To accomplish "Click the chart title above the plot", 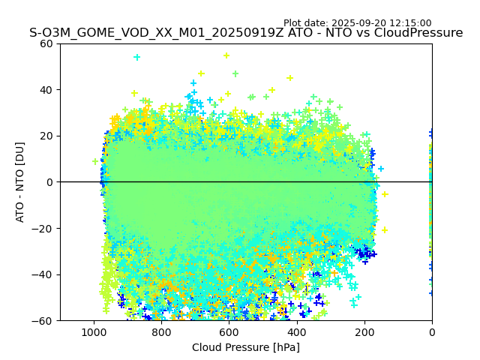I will pos(246,33).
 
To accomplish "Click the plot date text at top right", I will pos(357,23).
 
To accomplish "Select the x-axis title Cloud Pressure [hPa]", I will pos(246,347).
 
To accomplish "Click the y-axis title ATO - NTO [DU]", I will pos(20,181).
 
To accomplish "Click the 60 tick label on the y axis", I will pos(46,43).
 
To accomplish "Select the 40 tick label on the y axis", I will pos(46,90).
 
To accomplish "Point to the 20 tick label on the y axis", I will pos(46,136).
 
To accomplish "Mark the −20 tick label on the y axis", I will pos(43,228).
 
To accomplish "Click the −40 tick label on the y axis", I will pos(43,274).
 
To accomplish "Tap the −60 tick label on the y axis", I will pos(43,320).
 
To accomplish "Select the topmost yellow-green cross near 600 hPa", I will pos(226,55).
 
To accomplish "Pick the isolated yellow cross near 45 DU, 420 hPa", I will pos(289,78).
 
